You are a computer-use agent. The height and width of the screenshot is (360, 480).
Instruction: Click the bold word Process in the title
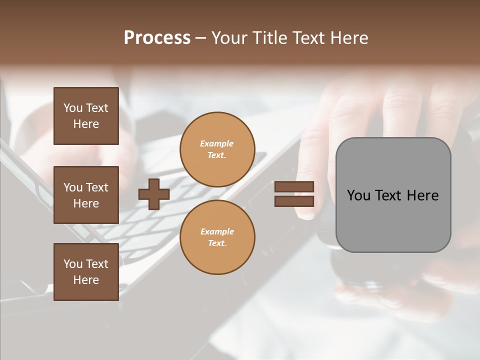pyautogui.click(x=157, y=38)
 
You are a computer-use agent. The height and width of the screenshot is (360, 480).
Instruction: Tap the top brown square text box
pyautogui.click(x=86, y=116)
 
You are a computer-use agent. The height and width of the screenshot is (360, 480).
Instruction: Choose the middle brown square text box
pyautogui.click(x=86, y=195)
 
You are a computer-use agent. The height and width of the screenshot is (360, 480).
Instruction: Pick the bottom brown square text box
pyautogui.click(x=86, y=272)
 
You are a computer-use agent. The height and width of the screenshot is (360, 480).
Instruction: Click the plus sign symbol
pyautogui.click(x=153, y=194)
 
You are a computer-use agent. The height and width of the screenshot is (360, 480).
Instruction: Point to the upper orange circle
pyautogui.click(x=217, y=149)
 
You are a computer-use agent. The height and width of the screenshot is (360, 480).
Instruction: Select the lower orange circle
pyautogui.click(x=217, y=237)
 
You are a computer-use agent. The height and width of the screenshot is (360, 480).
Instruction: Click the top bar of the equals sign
pyautogui.click(x=294, y=187)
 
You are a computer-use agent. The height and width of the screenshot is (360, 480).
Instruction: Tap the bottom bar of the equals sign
pyautogui.click(x=294, y=201)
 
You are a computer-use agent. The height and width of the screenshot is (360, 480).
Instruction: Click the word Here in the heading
pyautogui.click(x=348, y=38)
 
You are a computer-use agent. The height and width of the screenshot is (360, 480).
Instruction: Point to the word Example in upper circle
pyautogui.click(x=217, y=143)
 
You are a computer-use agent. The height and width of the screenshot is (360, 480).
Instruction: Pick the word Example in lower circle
pyautogui.click(x=217, y=231)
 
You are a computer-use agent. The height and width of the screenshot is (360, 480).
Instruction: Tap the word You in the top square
pyautogui.click(x=73, y=108)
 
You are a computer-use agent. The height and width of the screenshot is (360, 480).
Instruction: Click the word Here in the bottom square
pyautogui.click(x=86, y=280)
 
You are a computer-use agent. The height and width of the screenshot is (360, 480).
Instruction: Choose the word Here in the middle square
pyautogui.click(x=86, y=203)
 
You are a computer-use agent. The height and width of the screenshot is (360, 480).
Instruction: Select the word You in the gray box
pyautogui.click(x=358, y=195)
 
